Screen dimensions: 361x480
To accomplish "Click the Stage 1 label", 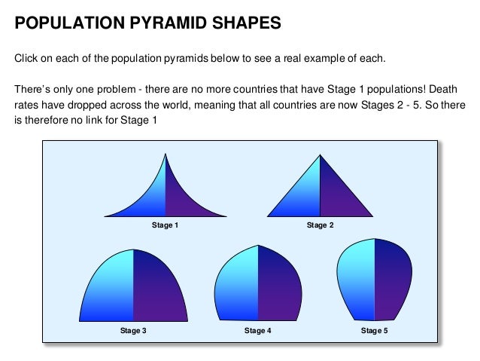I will (165, 225).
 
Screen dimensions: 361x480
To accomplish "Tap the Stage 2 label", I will (320, 225).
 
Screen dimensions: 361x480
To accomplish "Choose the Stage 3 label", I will (133, 331).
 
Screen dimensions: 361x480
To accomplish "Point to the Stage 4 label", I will (258, 331).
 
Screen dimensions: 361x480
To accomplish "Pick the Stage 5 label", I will (374, 331).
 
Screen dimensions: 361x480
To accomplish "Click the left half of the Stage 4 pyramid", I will (237, 286).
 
